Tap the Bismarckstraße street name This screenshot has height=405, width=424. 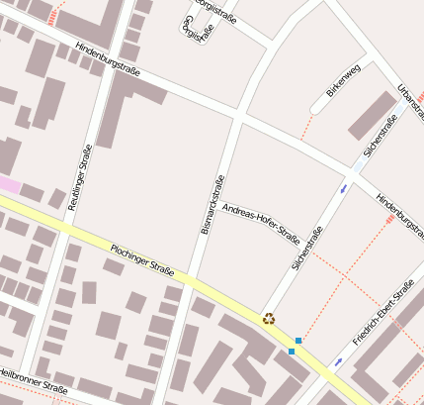[x=212, y=205]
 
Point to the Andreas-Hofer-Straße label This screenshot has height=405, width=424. [x=261, y=223]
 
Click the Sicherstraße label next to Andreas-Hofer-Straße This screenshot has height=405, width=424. [x=308, y=250]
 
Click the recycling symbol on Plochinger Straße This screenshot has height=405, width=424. [x=268, y=319]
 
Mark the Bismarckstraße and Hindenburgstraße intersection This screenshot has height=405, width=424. [x=240, y=115]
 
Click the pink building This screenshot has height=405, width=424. [x=8, y=184]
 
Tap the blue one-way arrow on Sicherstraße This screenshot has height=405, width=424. [x=343, y=186]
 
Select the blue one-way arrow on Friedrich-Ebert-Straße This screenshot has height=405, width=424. [x=338, y=361]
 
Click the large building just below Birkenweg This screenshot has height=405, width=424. [x=372, y=115]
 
